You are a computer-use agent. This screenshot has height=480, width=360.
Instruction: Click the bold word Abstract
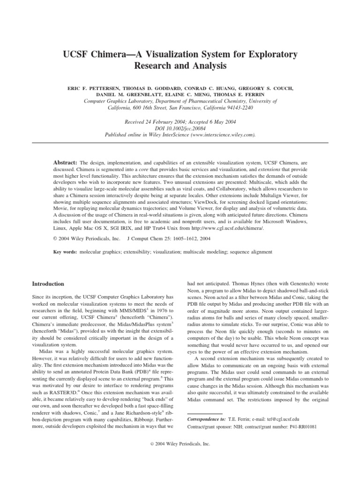(66, 161)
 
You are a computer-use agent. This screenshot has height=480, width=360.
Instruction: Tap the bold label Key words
(66, 252)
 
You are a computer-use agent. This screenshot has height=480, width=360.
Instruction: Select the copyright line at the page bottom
(180, 457)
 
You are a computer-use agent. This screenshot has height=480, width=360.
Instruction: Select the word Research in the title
(154, 66)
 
